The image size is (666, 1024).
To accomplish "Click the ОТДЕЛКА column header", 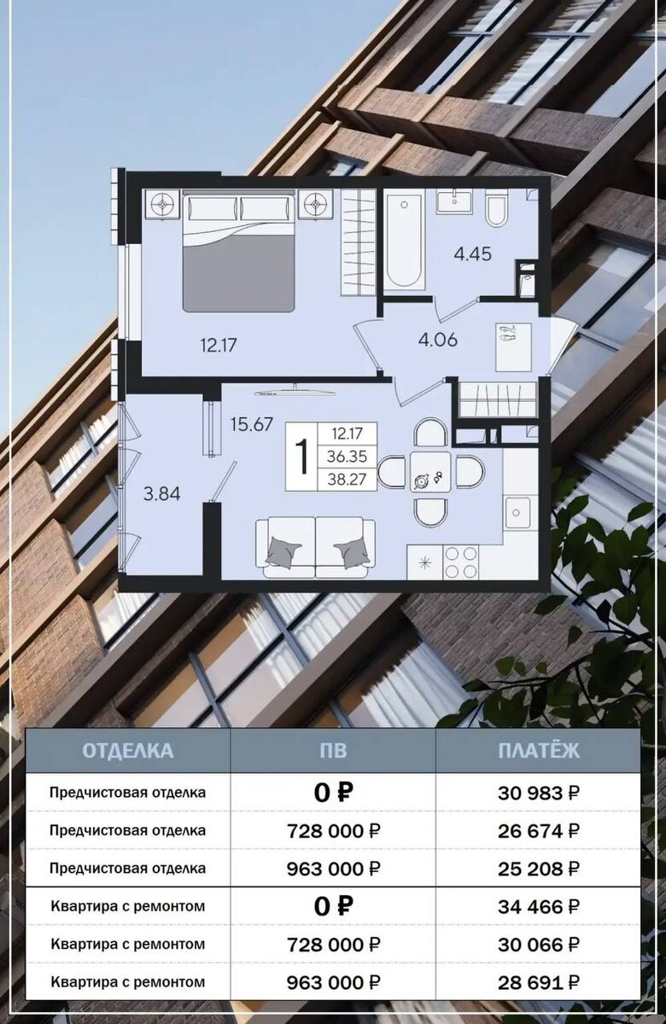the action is point(127,751).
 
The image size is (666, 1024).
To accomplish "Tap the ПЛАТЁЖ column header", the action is point(539,751).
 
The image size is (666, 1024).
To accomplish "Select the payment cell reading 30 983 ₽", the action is point(539,793).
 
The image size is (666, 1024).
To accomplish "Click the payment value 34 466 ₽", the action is point(539,906).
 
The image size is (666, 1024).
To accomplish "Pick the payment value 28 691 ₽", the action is point(539,982).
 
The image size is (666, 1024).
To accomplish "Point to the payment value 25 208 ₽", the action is point(539,869).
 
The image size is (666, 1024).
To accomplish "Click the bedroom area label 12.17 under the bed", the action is point(219,345).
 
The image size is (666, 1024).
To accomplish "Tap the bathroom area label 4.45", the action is point(472,253).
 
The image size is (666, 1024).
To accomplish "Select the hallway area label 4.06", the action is point(438,340).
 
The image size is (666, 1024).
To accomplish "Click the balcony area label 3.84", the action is point(162,494).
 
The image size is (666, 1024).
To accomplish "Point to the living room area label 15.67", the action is point(252,425).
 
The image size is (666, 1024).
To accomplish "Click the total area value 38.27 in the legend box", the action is point(348,479).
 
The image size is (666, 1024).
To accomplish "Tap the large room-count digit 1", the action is point(301,456).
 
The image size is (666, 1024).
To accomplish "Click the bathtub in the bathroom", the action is point(403,241).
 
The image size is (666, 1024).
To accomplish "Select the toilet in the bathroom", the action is point(496,207).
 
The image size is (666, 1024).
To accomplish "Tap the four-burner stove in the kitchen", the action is point(460,562).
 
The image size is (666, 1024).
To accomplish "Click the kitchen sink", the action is point(517,513).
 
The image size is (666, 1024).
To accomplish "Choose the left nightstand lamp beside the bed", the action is point(162,205).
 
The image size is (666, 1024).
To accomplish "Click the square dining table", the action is point(430,471).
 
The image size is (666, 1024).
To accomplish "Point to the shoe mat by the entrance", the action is point(514,347).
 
